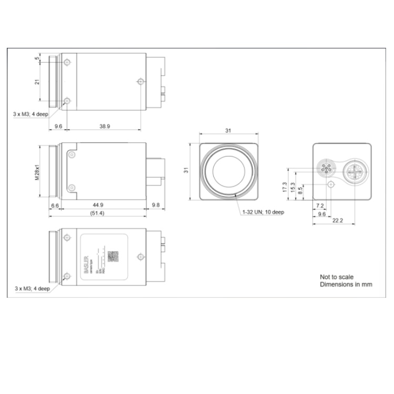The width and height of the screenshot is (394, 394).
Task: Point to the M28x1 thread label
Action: (37, 171)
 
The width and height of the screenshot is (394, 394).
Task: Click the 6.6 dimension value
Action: (55, 205)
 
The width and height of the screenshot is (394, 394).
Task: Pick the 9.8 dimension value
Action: (156, 205)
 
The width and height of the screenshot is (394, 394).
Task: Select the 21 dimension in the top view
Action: (37, 82)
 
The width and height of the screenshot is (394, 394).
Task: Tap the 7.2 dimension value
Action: (320, 205)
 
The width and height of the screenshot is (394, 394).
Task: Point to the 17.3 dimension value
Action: (285, 186)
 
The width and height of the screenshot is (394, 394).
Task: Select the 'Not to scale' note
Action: (337, 277)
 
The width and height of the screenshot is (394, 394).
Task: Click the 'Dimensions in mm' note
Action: (346, 284)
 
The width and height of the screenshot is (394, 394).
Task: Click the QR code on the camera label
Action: (113, 256)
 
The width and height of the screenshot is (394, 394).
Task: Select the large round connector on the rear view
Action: (353, 171)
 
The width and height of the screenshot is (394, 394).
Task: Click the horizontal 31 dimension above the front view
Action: (229, 131)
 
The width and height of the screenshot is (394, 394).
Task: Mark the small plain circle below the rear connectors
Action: (330, 185)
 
